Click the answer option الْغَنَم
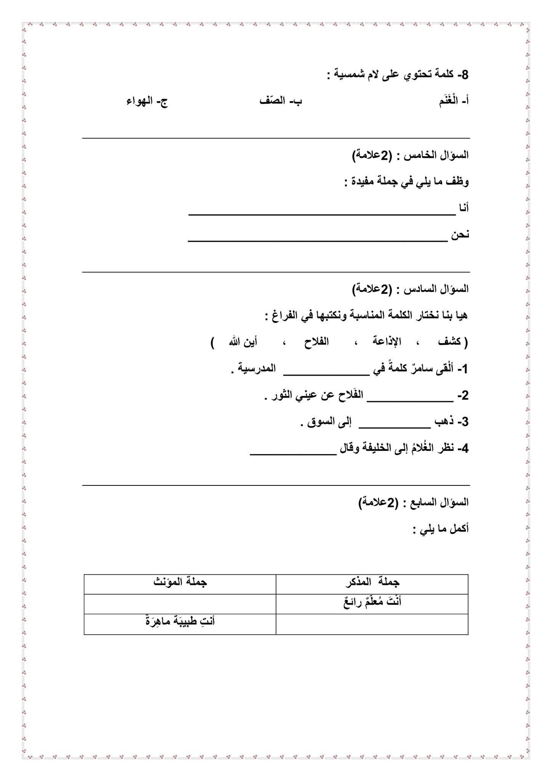click(x=449, y=101)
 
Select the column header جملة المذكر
click(x=372, y=583)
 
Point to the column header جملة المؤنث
click(x=180, y=583)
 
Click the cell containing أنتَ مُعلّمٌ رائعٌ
click(x=372, y=603)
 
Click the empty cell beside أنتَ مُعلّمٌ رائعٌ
click(x=180, y=603)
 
